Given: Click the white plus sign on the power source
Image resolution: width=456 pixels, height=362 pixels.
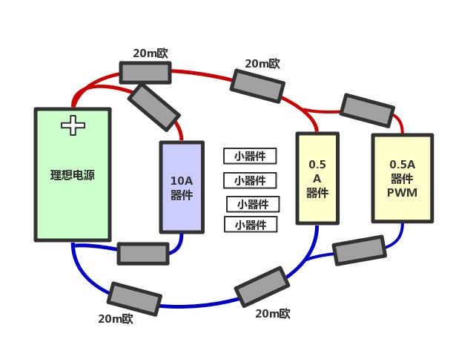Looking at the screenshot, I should [x=73, y=125].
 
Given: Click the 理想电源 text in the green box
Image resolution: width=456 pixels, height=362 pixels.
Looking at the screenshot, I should [x=72, y=176].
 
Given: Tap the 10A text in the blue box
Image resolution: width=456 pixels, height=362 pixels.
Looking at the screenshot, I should [x=182, y=181].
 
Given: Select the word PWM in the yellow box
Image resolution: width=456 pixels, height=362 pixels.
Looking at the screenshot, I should [x=402, y=193].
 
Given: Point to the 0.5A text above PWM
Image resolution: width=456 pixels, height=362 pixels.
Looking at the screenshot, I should [x=402, y=165].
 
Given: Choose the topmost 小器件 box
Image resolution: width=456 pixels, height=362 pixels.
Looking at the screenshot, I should [x=250, y=156].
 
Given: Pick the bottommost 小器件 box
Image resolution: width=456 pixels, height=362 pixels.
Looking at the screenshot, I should [x=251, y=225].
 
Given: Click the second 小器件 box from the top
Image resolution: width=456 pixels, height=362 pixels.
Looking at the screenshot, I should [x=250, y=180].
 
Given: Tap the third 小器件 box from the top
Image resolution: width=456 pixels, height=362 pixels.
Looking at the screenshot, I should [x=253, y=204].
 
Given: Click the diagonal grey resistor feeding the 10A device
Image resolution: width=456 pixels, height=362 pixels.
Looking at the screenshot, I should [x=154, y=107].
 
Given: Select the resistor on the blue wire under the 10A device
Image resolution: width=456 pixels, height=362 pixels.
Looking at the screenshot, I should [x=143, y=254].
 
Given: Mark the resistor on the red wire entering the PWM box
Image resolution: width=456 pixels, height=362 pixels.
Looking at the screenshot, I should [x=367, y=110].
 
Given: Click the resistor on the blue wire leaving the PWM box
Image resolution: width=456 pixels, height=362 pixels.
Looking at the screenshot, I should [x=360, y=251].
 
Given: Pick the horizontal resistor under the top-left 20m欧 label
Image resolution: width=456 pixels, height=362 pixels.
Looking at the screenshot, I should [x=145, y=73].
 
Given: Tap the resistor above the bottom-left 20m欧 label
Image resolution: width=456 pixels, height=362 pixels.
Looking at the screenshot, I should [x=134, y=298].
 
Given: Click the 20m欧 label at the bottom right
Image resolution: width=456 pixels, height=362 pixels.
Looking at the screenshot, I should [x=273, y=314].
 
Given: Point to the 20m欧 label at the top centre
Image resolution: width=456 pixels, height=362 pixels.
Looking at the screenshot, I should [x=262, y=64].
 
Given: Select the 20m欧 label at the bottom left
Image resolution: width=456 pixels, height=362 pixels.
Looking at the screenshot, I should [x=115, y=319].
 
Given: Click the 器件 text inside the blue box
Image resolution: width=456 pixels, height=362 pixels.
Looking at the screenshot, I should [x=182, y=196].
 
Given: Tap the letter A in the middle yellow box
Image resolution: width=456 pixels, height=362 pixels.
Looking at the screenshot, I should [x=317, y=179].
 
